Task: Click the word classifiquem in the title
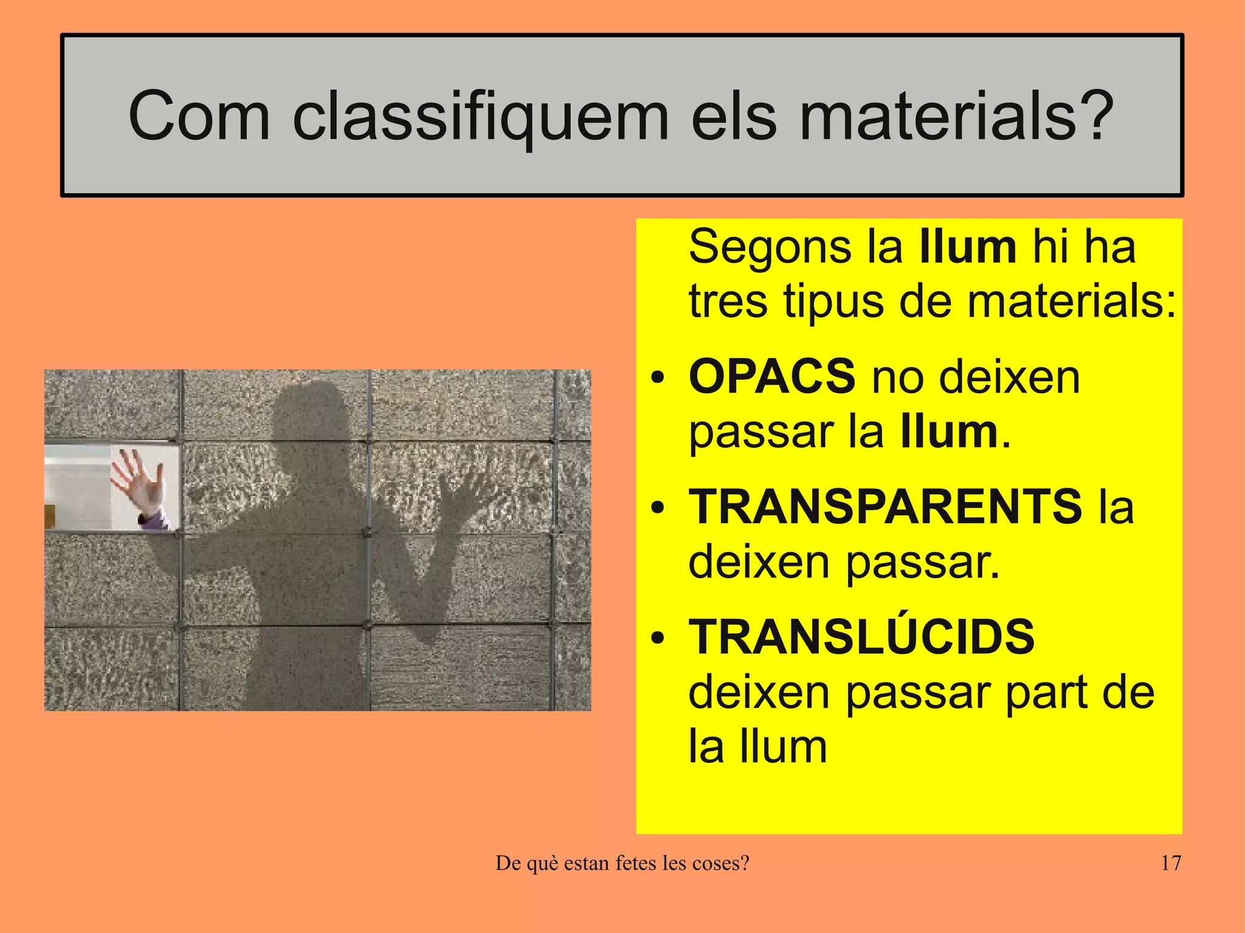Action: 480,115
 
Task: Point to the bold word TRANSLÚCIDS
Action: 861,636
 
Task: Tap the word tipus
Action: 833,303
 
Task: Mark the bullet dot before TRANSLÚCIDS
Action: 657,639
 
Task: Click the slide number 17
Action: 1170,862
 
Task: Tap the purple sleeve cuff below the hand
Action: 152,520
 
